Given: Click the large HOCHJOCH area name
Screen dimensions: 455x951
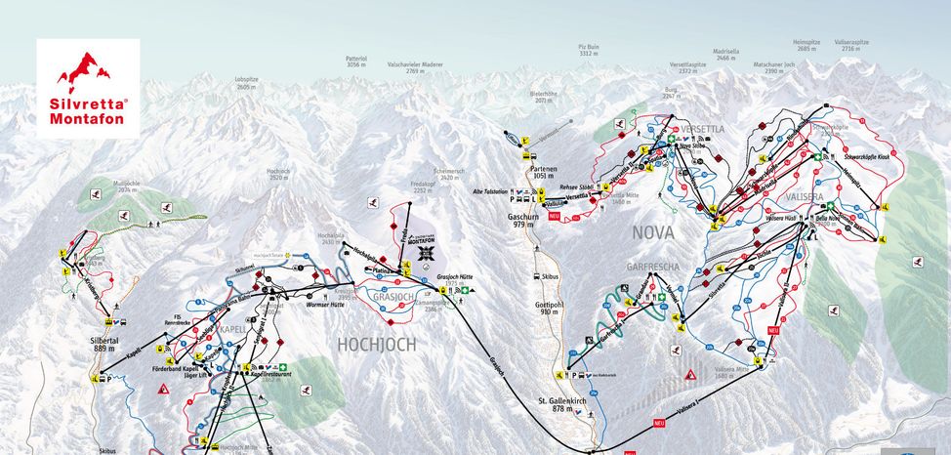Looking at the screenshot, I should coord(377,344).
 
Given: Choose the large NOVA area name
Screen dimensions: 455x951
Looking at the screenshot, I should coord(653,232).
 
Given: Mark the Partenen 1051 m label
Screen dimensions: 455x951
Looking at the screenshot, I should coord(544,172).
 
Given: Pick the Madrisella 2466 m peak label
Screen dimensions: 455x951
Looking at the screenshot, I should coord(726,56).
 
